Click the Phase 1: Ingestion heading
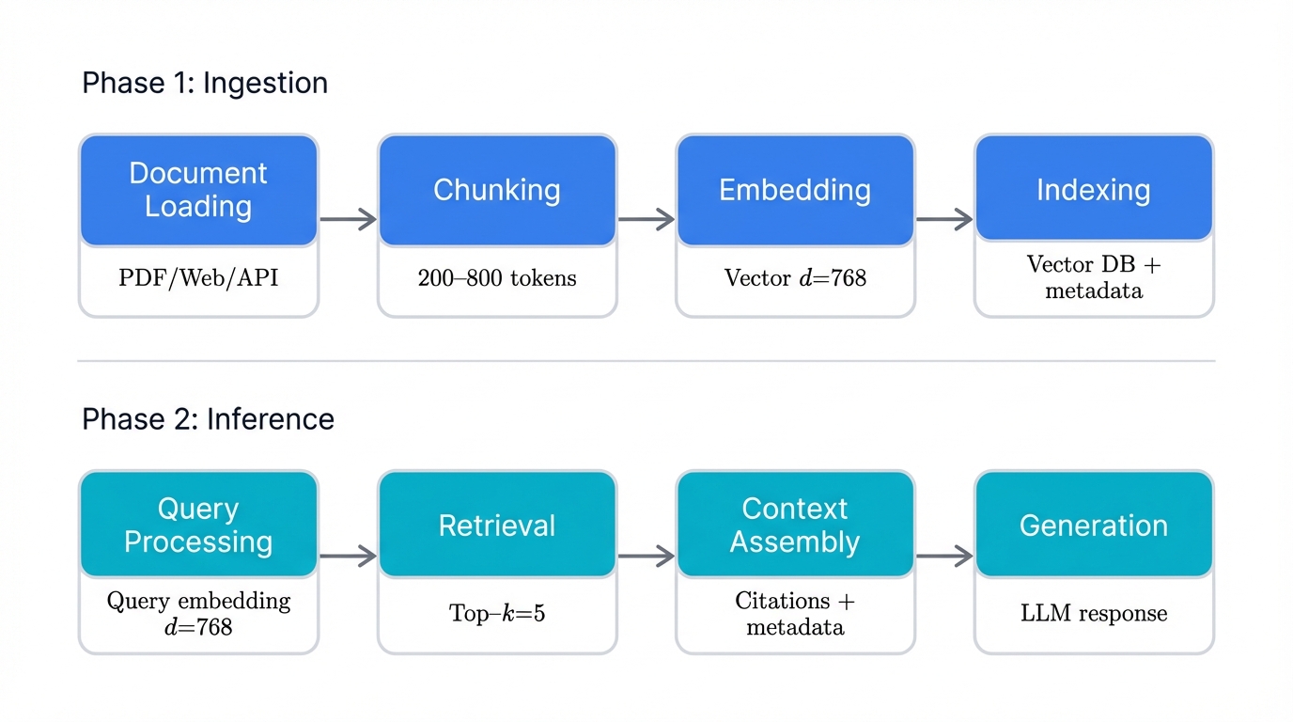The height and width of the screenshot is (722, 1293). (205, 83)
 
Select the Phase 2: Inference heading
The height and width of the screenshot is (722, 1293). (208, 418)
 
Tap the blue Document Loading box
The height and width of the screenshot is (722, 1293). (198, 190)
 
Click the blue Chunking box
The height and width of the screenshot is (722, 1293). (497, 190)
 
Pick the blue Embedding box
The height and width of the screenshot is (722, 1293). (795, 190)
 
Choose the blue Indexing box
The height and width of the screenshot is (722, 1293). (1094, 190)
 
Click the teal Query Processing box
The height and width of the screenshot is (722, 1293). (198, 525)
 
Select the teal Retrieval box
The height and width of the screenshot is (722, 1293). (497, 525)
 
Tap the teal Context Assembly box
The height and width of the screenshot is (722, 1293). (795, 525)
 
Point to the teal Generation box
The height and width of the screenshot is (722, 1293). (1094, 525)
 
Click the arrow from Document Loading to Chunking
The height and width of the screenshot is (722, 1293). (348, 220)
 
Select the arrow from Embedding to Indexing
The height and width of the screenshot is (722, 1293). (944, 220)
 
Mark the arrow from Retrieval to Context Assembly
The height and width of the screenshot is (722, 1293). (646, 557)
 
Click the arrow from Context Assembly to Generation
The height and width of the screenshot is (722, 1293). (944, 557)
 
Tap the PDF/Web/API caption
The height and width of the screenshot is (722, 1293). (198, 278)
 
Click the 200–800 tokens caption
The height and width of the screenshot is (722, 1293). (497, 278)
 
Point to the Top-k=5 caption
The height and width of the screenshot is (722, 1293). (497, 614)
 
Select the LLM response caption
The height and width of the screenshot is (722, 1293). (1094, 614)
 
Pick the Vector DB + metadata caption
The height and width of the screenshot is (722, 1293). (1094, 277)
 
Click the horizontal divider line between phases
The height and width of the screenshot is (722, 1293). (646, 360)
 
